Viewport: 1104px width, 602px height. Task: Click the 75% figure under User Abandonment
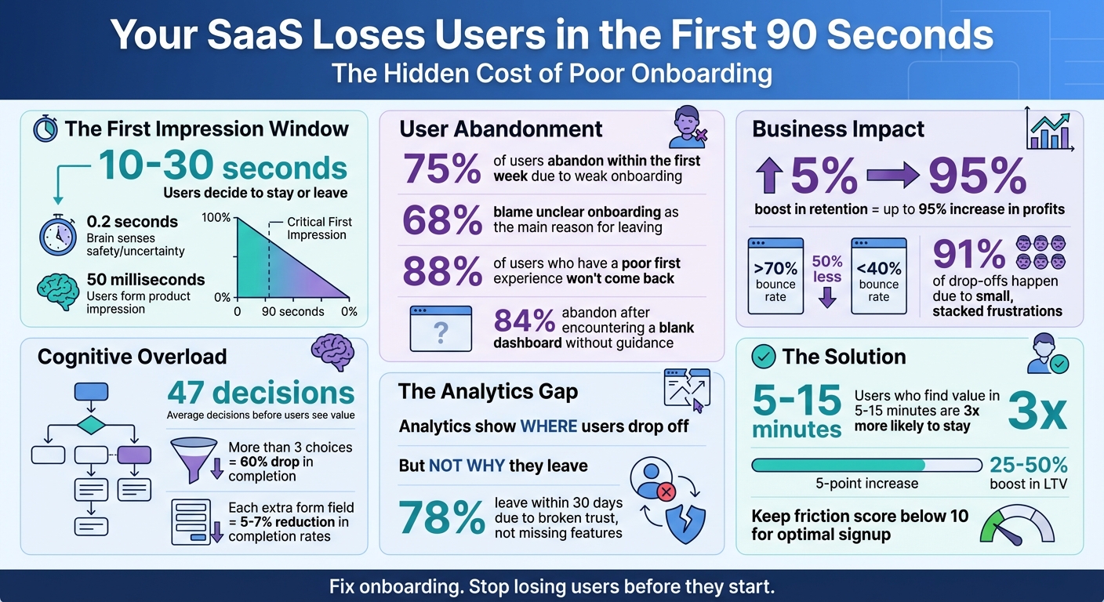(x=441, y=169)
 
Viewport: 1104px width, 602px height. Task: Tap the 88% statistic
(x=441, y=270)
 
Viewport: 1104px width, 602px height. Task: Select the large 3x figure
(x=1037, y=412)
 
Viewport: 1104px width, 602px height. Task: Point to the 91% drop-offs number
(x=969, y=253)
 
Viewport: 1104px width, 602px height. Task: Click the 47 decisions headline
(x=260, y=392)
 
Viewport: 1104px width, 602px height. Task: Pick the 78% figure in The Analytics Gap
(x=441, y=518)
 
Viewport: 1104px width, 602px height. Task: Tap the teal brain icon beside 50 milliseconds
(x=57, y=292)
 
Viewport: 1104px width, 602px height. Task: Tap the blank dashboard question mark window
(x=441, y=328)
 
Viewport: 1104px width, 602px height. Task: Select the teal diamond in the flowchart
(x=91, y=425)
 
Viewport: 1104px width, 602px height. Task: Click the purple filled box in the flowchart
(x=133, y=455)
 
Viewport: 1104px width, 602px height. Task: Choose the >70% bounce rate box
(x=775, y=276)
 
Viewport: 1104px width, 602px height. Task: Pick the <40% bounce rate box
(x=878, y=276)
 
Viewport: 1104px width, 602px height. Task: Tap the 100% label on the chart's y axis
(x=216, y=217)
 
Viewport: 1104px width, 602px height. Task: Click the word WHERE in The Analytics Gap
(x=548, y=426)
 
